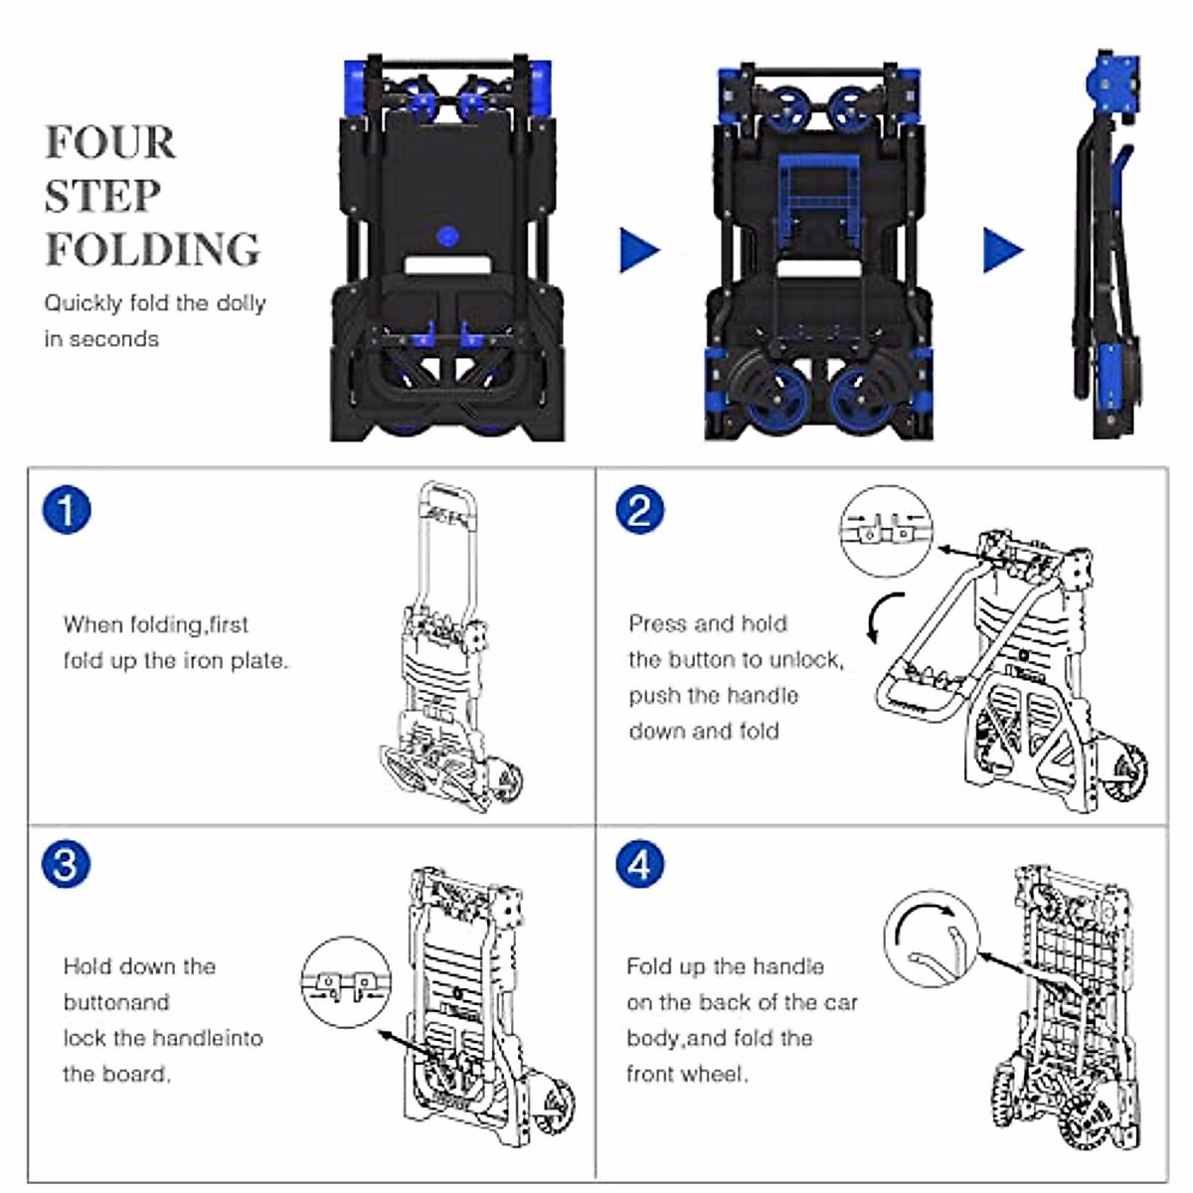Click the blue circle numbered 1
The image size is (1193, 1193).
point(67,510)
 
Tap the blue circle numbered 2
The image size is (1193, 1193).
point(639,510)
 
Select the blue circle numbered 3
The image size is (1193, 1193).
point(66,864)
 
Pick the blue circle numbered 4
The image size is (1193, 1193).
point(639,864)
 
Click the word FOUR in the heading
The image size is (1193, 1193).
point(110,142)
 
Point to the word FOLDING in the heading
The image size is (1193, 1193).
point(152,249)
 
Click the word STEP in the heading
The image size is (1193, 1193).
point(102,196)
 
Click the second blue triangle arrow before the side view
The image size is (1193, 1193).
point(1003,251)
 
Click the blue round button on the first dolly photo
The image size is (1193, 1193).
point(447,236)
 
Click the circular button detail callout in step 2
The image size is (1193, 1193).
point(887,531)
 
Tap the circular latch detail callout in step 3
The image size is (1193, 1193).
point(346,982)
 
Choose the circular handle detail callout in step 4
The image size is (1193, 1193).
point(933,937)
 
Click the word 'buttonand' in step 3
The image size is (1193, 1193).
point(116,1002)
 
